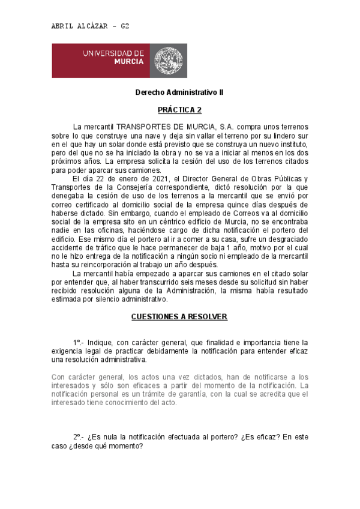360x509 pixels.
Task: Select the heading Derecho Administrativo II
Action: pyautogui.click(x=179, y=93)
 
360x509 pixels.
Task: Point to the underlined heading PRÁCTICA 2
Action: pyautogui.click(x=179, y=110)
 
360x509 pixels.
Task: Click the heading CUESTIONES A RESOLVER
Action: pyautogui.click(x=179, y=316)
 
